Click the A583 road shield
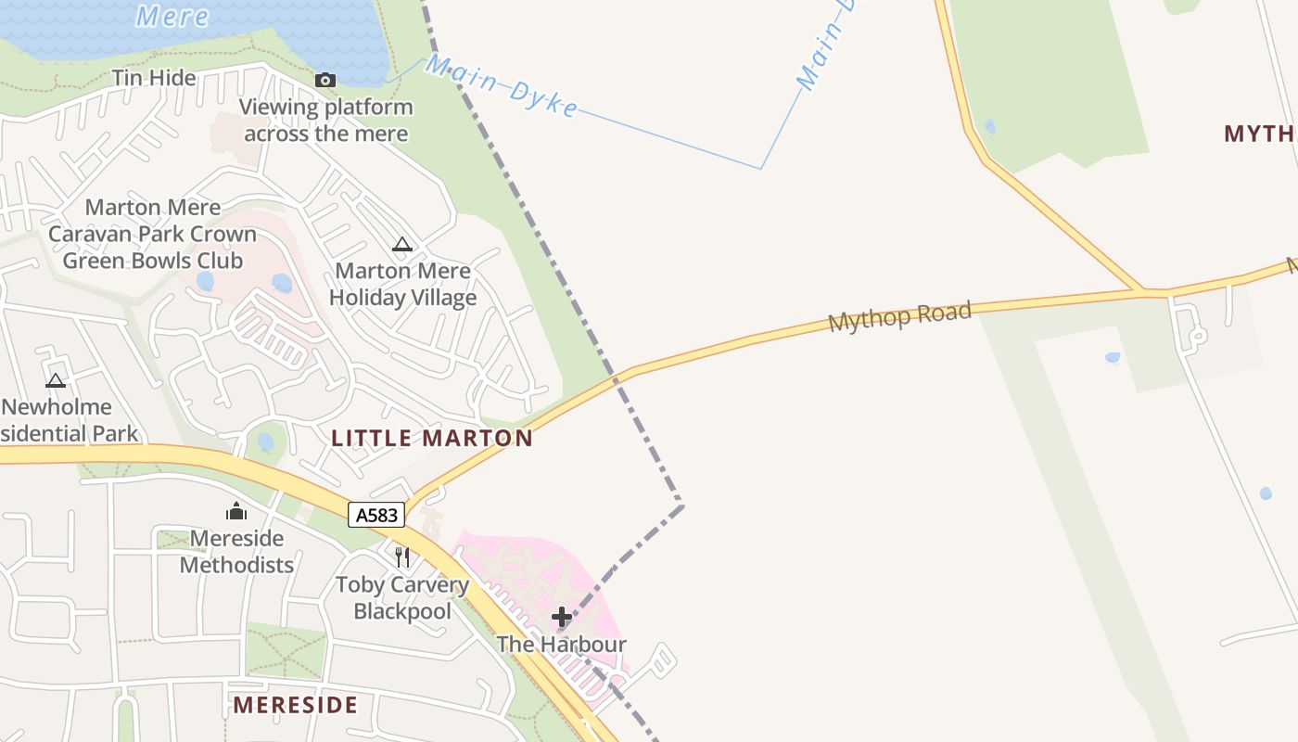(377, 515)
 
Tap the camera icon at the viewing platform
(324, 81)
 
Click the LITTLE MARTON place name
(432, 439)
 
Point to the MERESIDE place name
(295, 705)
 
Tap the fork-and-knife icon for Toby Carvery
(402, 556)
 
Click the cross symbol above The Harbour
(561, 617)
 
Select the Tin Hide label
(154, 78)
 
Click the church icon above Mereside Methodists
(236, 511)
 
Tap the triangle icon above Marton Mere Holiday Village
(401, 245)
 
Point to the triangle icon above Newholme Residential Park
(56, 380)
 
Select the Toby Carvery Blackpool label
(402, 598)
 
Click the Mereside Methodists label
(236, 551)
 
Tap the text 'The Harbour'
(561, 644)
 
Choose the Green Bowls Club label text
(152, 261)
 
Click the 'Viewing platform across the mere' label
(325, 120)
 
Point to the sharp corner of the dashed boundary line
(682, 505)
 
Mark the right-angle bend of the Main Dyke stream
(761, 169)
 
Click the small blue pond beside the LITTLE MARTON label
(266, 442)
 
